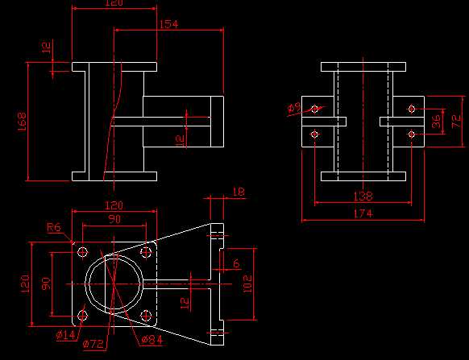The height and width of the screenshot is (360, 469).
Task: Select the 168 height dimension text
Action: coord(22,121)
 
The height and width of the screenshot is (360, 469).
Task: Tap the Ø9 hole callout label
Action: coord(295,107)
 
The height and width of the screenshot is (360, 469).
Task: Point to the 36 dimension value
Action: coord(436,121)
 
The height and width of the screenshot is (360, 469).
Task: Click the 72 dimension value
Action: coord(455,121)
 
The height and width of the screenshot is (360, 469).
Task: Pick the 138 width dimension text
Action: coord(363,196)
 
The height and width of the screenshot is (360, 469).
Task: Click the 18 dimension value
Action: coord(238,192)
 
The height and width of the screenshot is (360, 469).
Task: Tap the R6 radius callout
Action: coord(54,228)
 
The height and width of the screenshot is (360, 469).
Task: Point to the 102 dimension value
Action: coord(247,283)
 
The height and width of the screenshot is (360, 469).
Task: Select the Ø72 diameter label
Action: coord(94,344)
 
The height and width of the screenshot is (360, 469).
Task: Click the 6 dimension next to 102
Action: coord(236,263)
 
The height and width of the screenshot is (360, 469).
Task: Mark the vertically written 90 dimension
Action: coord(45,283)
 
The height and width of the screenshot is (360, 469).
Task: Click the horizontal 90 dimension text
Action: coord(114,219)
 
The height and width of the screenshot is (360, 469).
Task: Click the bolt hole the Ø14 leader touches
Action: coord(81,315)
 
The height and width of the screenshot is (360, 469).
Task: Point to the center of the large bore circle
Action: coord(114,283)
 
